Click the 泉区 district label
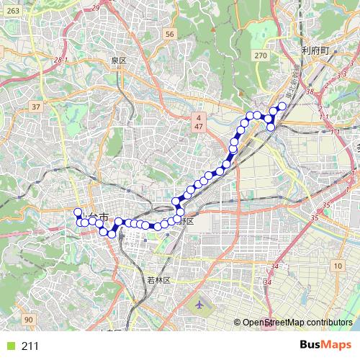(x=118, y=61)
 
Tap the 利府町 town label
(x=315, y=50)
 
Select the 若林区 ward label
(x=158, y=280)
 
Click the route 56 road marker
(x=169, y=34)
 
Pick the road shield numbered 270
(x=261, y=55)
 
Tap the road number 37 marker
(x=36, y=107)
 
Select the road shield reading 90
(x=28, y=319)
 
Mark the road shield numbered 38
(x=310, y=91)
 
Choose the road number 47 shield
(x=197, y=127)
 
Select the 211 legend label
(x=30, y=346)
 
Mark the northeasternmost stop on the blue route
(x=282, y=106)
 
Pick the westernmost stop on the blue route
(x=77, y=212)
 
